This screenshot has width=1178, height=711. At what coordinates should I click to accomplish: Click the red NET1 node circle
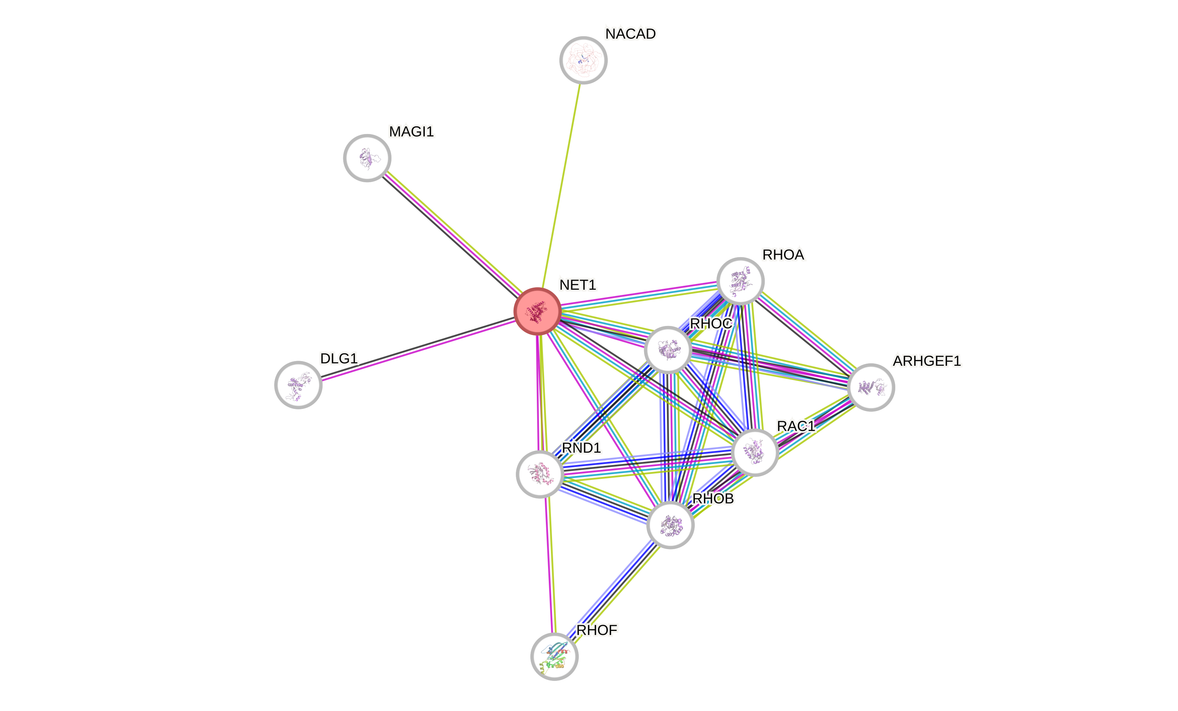point(538,311)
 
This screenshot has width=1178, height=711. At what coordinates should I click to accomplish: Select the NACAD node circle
point(583,60)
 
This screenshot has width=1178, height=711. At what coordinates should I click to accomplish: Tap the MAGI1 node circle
point(367,158)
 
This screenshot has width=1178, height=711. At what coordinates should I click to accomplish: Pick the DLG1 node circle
point(298,385)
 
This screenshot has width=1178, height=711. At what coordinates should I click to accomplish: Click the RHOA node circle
point(741,281)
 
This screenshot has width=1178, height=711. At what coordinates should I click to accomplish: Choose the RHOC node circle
point(668,350)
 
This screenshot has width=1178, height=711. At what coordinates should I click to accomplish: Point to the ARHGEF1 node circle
point(871,387)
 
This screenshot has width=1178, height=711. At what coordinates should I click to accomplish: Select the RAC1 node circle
point(755,452)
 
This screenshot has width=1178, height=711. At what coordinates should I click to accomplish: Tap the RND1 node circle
point(540,474)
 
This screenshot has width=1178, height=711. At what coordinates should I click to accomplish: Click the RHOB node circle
point(670,525)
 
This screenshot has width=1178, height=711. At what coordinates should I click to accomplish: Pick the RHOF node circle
point(555,657)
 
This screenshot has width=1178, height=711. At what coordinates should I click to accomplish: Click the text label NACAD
point(631,34)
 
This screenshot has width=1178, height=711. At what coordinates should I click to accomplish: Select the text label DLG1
point(339,358)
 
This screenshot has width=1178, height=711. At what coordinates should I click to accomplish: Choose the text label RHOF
point(597,630)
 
